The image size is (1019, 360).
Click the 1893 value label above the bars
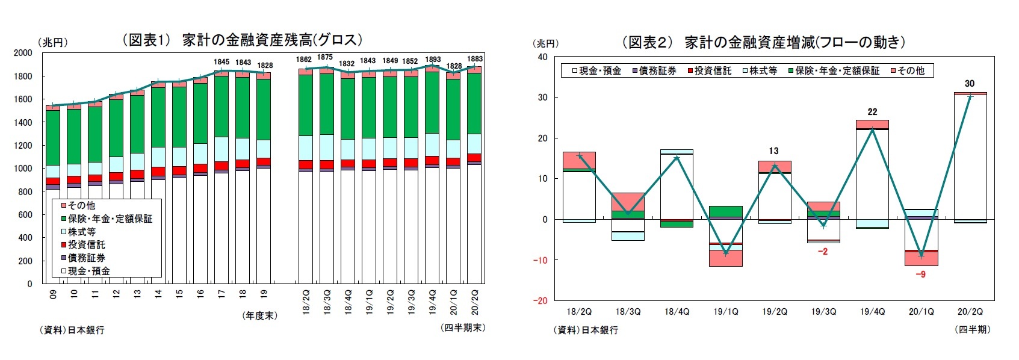pyautogui.click(x=433, y=60)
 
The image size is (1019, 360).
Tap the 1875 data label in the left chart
pyautogui.click(x=324, y=57)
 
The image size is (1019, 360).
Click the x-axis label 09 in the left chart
pyautogui.click(x=53, y=294)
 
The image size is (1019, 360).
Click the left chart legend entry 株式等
pyautogui.click(x=81, y=232)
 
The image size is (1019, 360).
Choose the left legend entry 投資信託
pyautogui.click(x=86, y=245)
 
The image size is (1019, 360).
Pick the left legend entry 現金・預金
pyautogui.click(x=88, y=272)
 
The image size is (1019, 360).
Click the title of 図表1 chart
pyautogui.click(x=243, y=40)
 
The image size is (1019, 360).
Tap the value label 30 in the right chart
pyautogui.click(x=969, y=84)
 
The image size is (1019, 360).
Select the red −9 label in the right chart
pyautogui.click(x=920, y=275)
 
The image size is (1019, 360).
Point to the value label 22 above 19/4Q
pyautogui.click(x=872, y=112)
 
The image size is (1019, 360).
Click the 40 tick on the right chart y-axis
pyautogui.click(x=542, y=57)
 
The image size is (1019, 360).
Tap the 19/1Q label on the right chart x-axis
pyautogui.click(x=725, y=312)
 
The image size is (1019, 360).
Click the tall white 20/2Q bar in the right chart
pyautogui.click(x=970, y=157)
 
